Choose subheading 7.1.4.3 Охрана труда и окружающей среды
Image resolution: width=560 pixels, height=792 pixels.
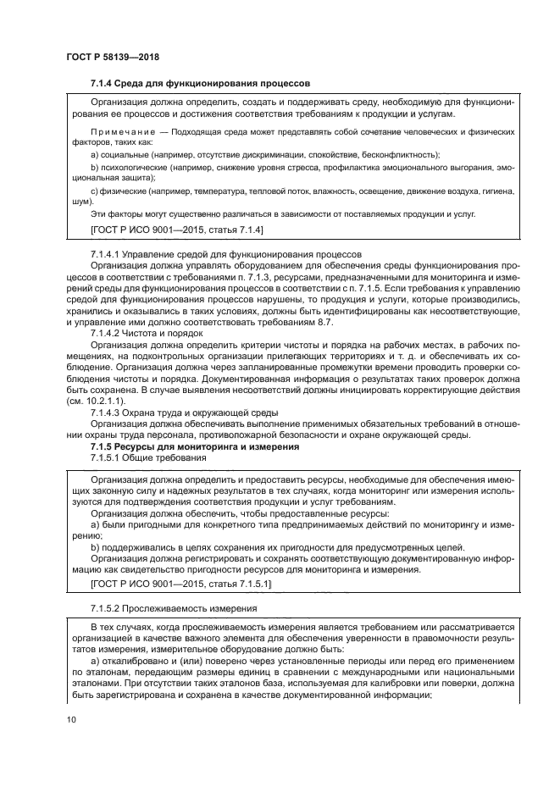click(x=187, y=413)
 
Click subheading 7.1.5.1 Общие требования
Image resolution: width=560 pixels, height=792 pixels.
click(x=148, y=457)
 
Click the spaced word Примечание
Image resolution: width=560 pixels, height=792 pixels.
click(x=123, y=133)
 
